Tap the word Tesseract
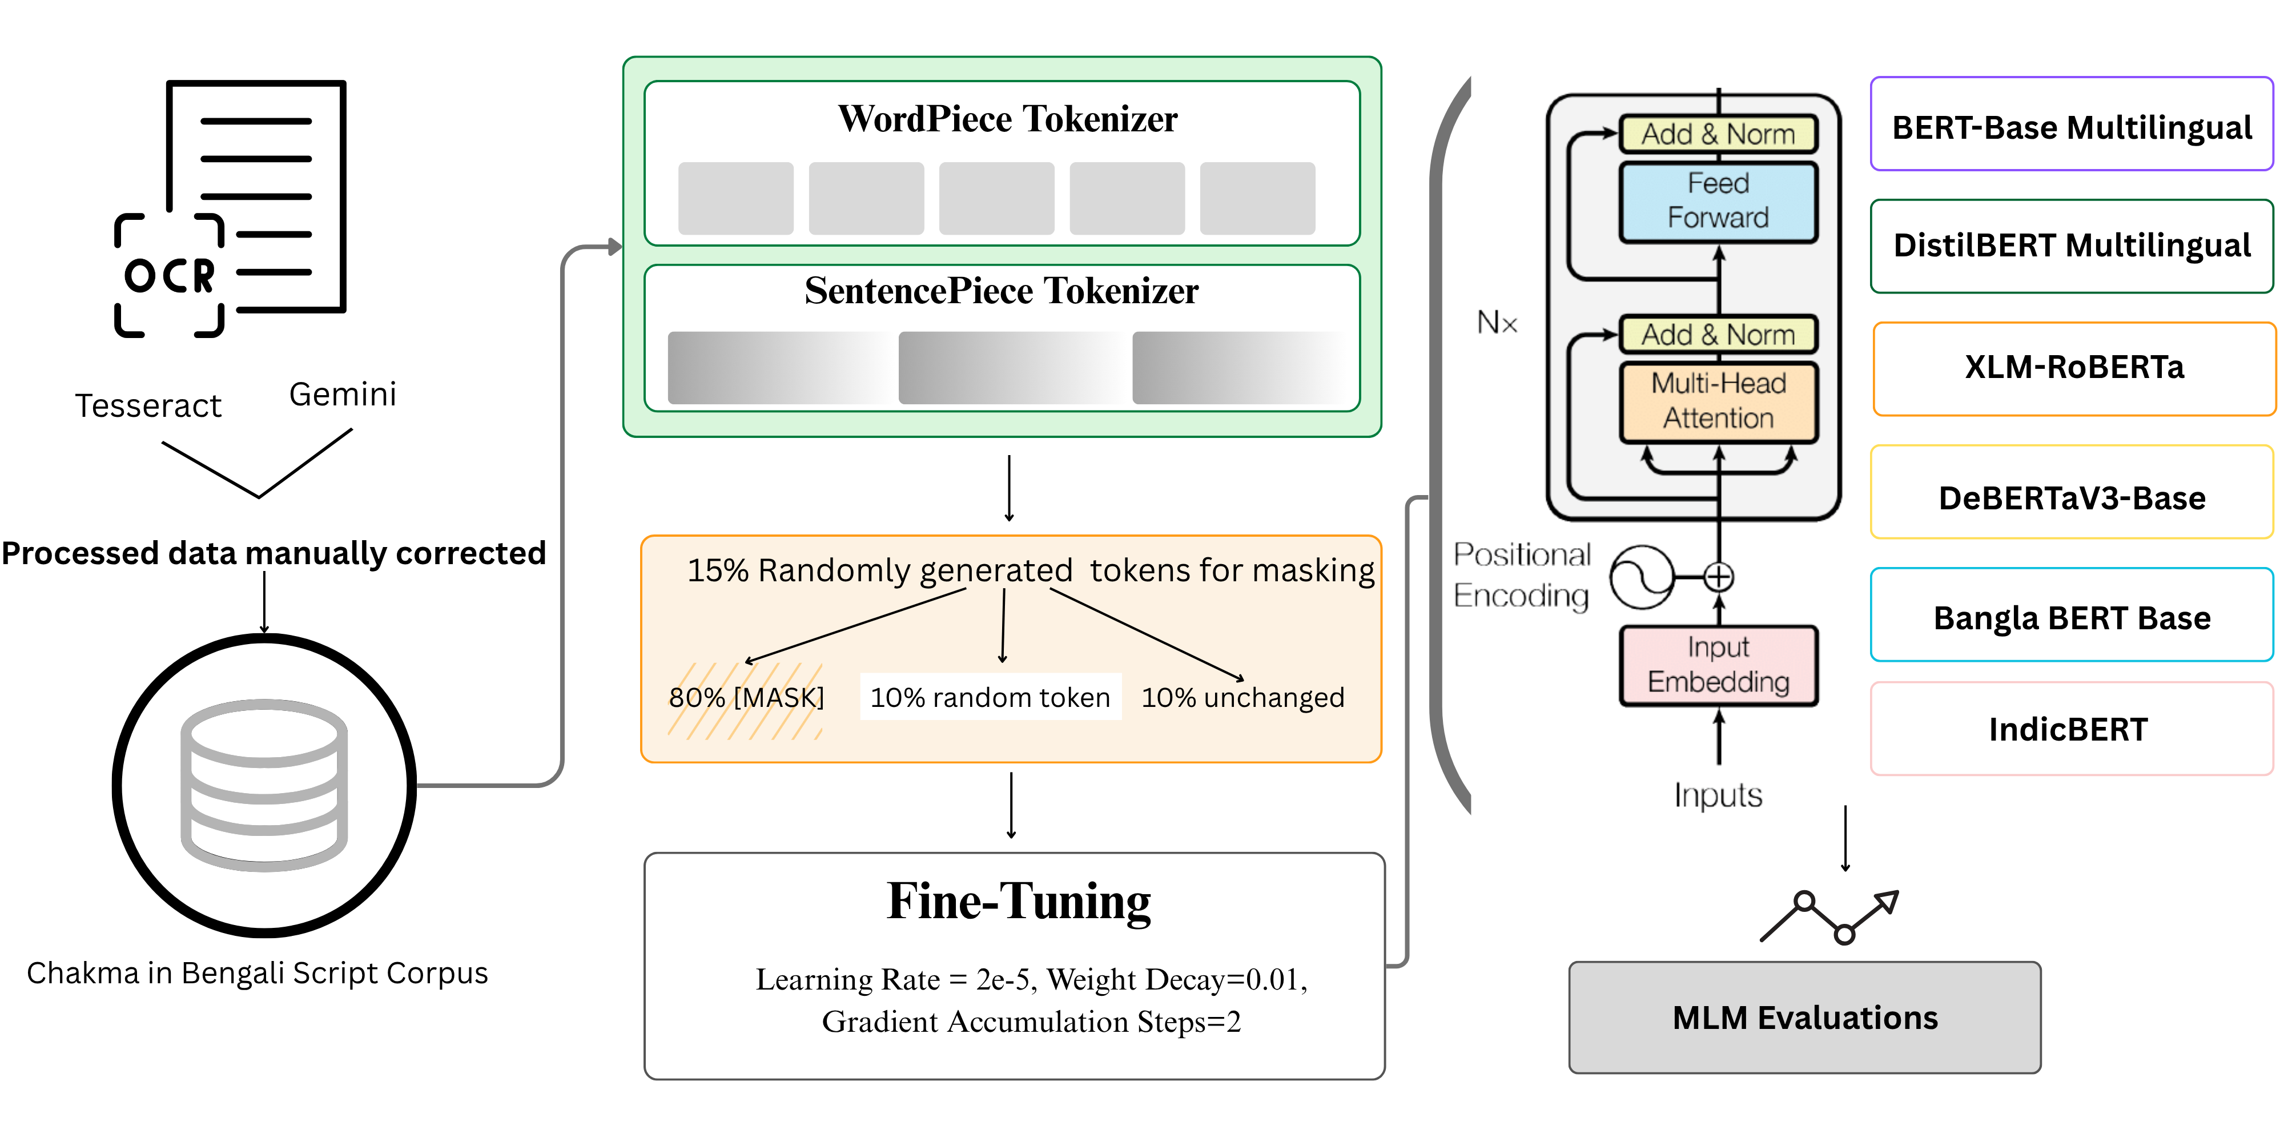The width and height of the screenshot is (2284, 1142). tap(148, 406)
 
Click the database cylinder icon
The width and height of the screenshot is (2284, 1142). tap(264, 785)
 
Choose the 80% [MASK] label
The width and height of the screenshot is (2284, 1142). tap(746, 698)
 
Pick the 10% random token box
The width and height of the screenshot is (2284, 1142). tap(990, 698)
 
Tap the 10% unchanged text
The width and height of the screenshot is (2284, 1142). tap(1242, 698)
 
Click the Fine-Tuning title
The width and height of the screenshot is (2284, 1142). tap(1019, 902)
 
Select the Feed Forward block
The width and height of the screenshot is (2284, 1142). tap(1718, 201)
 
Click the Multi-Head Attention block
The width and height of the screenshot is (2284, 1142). tap(1718, 401)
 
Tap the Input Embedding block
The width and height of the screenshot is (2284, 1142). tap(1718, 665)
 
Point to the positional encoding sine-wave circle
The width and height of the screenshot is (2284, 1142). tap(1641, 577)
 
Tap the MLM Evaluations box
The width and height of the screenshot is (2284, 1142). tap(1804, 1017)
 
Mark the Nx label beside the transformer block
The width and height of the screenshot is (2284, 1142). tap(1497, 323)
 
